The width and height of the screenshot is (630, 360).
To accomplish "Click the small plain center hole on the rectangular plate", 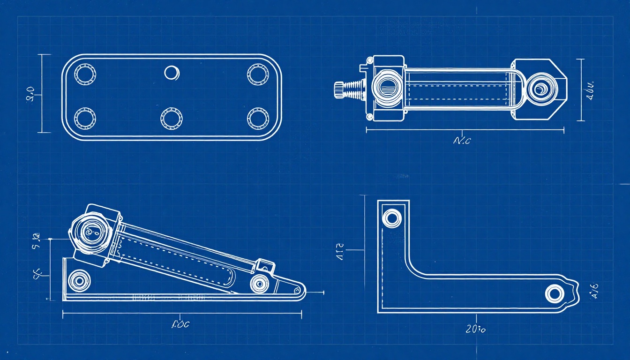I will click(x=172, y=73).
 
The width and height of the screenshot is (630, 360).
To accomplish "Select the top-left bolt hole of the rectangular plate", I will click(x=85, y=75).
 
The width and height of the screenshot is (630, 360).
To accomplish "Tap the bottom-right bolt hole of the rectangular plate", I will click(x=258, y=118).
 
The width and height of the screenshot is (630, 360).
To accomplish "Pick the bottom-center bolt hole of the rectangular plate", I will click(x=171, y=118).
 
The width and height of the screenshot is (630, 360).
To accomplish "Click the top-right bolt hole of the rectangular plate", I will click(x=258, y=75).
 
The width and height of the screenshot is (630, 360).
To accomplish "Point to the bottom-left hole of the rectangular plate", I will click(x=85, y=118).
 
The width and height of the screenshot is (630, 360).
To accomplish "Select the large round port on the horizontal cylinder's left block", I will click(x=387, y=88).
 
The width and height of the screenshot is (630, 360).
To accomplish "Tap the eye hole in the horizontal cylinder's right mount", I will click(x=542, y=88).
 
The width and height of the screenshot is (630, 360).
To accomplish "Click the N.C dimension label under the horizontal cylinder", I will click(x=462, y=140).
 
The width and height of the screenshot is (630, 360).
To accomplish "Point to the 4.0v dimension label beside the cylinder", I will click(x=590, y=89).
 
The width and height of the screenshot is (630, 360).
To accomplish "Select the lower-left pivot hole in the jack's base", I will click(x=79, y=280).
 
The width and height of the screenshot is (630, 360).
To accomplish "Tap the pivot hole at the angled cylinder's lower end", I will click(x=259, y=283).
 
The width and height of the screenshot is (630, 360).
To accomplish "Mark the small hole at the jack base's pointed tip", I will click(x=296, y=290).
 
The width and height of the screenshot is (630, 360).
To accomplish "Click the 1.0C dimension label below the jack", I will click(x=180, y=324).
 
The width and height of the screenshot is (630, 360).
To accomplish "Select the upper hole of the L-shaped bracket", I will click(x=392, y=218).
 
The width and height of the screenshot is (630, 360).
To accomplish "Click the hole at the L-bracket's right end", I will click(x=554, y=293).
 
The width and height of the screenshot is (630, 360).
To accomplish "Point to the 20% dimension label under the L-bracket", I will click(x=476, y=329).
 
